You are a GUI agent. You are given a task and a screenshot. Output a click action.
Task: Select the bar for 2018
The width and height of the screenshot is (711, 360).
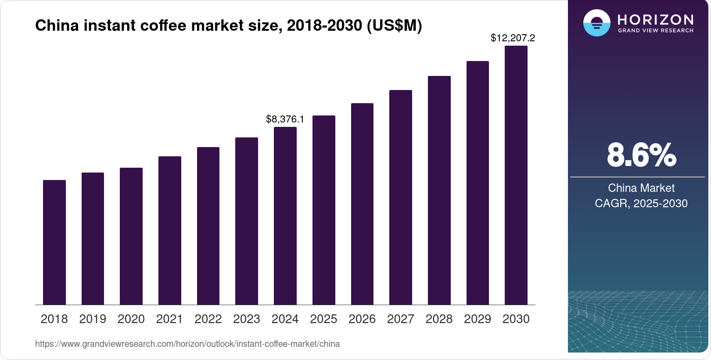pyautogui.click(x=54, y=242)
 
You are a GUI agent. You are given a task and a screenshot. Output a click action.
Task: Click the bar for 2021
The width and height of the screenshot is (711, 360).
pyautogui.click(x=170, y=230)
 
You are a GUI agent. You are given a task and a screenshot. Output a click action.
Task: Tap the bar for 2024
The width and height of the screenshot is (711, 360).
pyautogui.click(x=285, y=216)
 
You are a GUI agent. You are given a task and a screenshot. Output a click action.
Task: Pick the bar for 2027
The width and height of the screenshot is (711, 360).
pyautogui.click(x=401, y=198)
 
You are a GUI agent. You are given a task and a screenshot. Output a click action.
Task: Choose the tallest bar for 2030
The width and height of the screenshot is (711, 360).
pyautogui.click(x=516, y=176)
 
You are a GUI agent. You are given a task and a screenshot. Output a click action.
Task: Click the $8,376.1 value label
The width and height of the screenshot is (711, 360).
pyautogui.click(x=285, y=119)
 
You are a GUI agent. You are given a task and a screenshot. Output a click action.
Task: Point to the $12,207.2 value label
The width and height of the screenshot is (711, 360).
pyautogui.click(x=513, y=38)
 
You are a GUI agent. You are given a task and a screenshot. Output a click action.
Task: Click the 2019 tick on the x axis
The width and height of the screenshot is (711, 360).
pyautogui.click(x=93, y=319)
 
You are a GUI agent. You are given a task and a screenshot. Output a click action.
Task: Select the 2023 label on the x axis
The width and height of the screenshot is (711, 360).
pyautogui.click(x=247, y=319)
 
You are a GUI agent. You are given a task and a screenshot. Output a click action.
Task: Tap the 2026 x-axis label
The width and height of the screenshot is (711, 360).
pyautogui.click(x=362, y=319)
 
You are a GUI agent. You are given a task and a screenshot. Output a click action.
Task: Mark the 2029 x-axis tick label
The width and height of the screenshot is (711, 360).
pyautogui.click(x=478, y=319)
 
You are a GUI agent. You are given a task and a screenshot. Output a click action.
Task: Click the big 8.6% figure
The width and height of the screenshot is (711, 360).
pyautogui.click(x=641, y=155)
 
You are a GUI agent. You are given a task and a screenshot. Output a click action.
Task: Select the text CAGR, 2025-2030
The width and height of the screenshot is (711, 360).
pyautogui.click(x=641, y=203)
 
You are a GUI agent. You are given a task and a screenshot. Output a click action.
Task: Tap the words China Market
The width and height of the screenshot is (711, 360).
pyautogui.click(x=641, y=188)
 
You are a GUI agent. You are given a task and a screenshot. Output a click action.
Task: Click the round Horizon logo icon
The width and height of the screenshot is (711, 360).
pyautogui.click(x=596, y=23)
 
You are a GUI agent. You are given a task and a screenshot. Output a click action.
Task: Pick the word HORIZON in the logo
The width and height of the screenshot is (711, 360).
pyautogui.click(x=655, y=19)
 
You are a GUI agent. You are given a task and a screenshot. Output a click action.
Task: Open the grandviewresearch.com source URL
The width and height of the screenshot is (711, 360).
pyautogui.click(x=187, y=344)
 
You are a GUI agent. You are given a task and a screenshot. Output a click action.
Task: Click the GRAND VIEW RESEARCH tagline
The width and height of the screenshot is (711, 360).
pyautogui.click(x=655, y=31)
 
